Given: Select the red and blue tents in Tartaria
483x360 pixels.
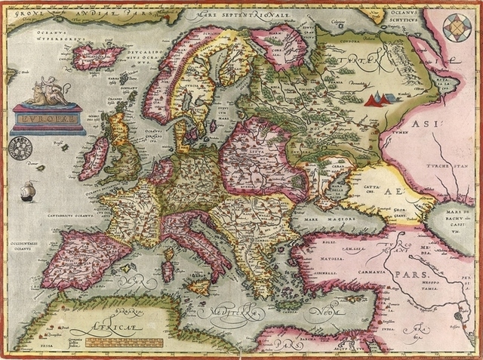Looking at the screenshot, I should coord(380,97).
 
